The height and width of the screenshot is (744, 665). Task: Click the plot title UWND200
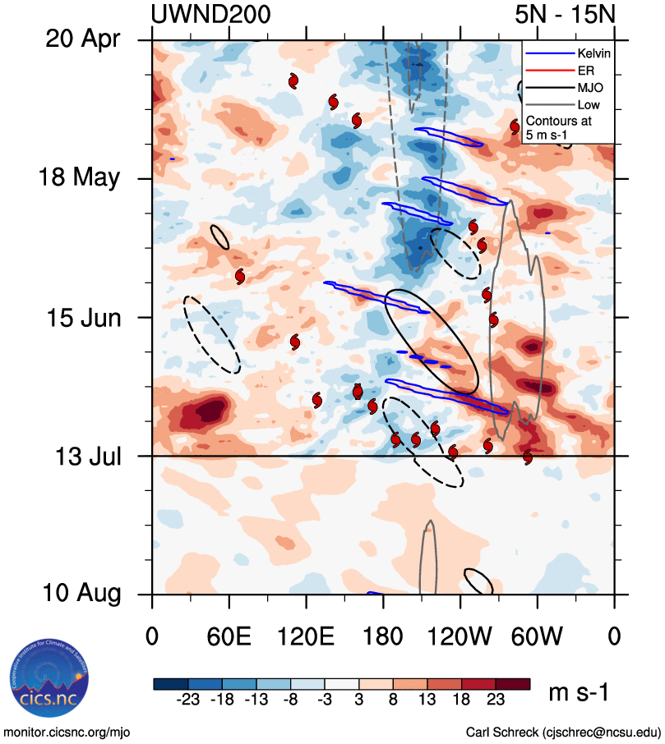211,14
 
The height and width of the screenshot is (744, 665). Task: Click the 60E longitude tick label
229,637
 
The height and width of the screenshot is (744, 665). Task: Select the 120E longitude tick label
305,637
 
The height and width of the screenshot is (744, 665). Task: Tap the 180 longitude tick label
383,637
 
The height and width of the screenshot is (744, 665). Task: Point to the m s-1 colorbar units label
579,693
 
